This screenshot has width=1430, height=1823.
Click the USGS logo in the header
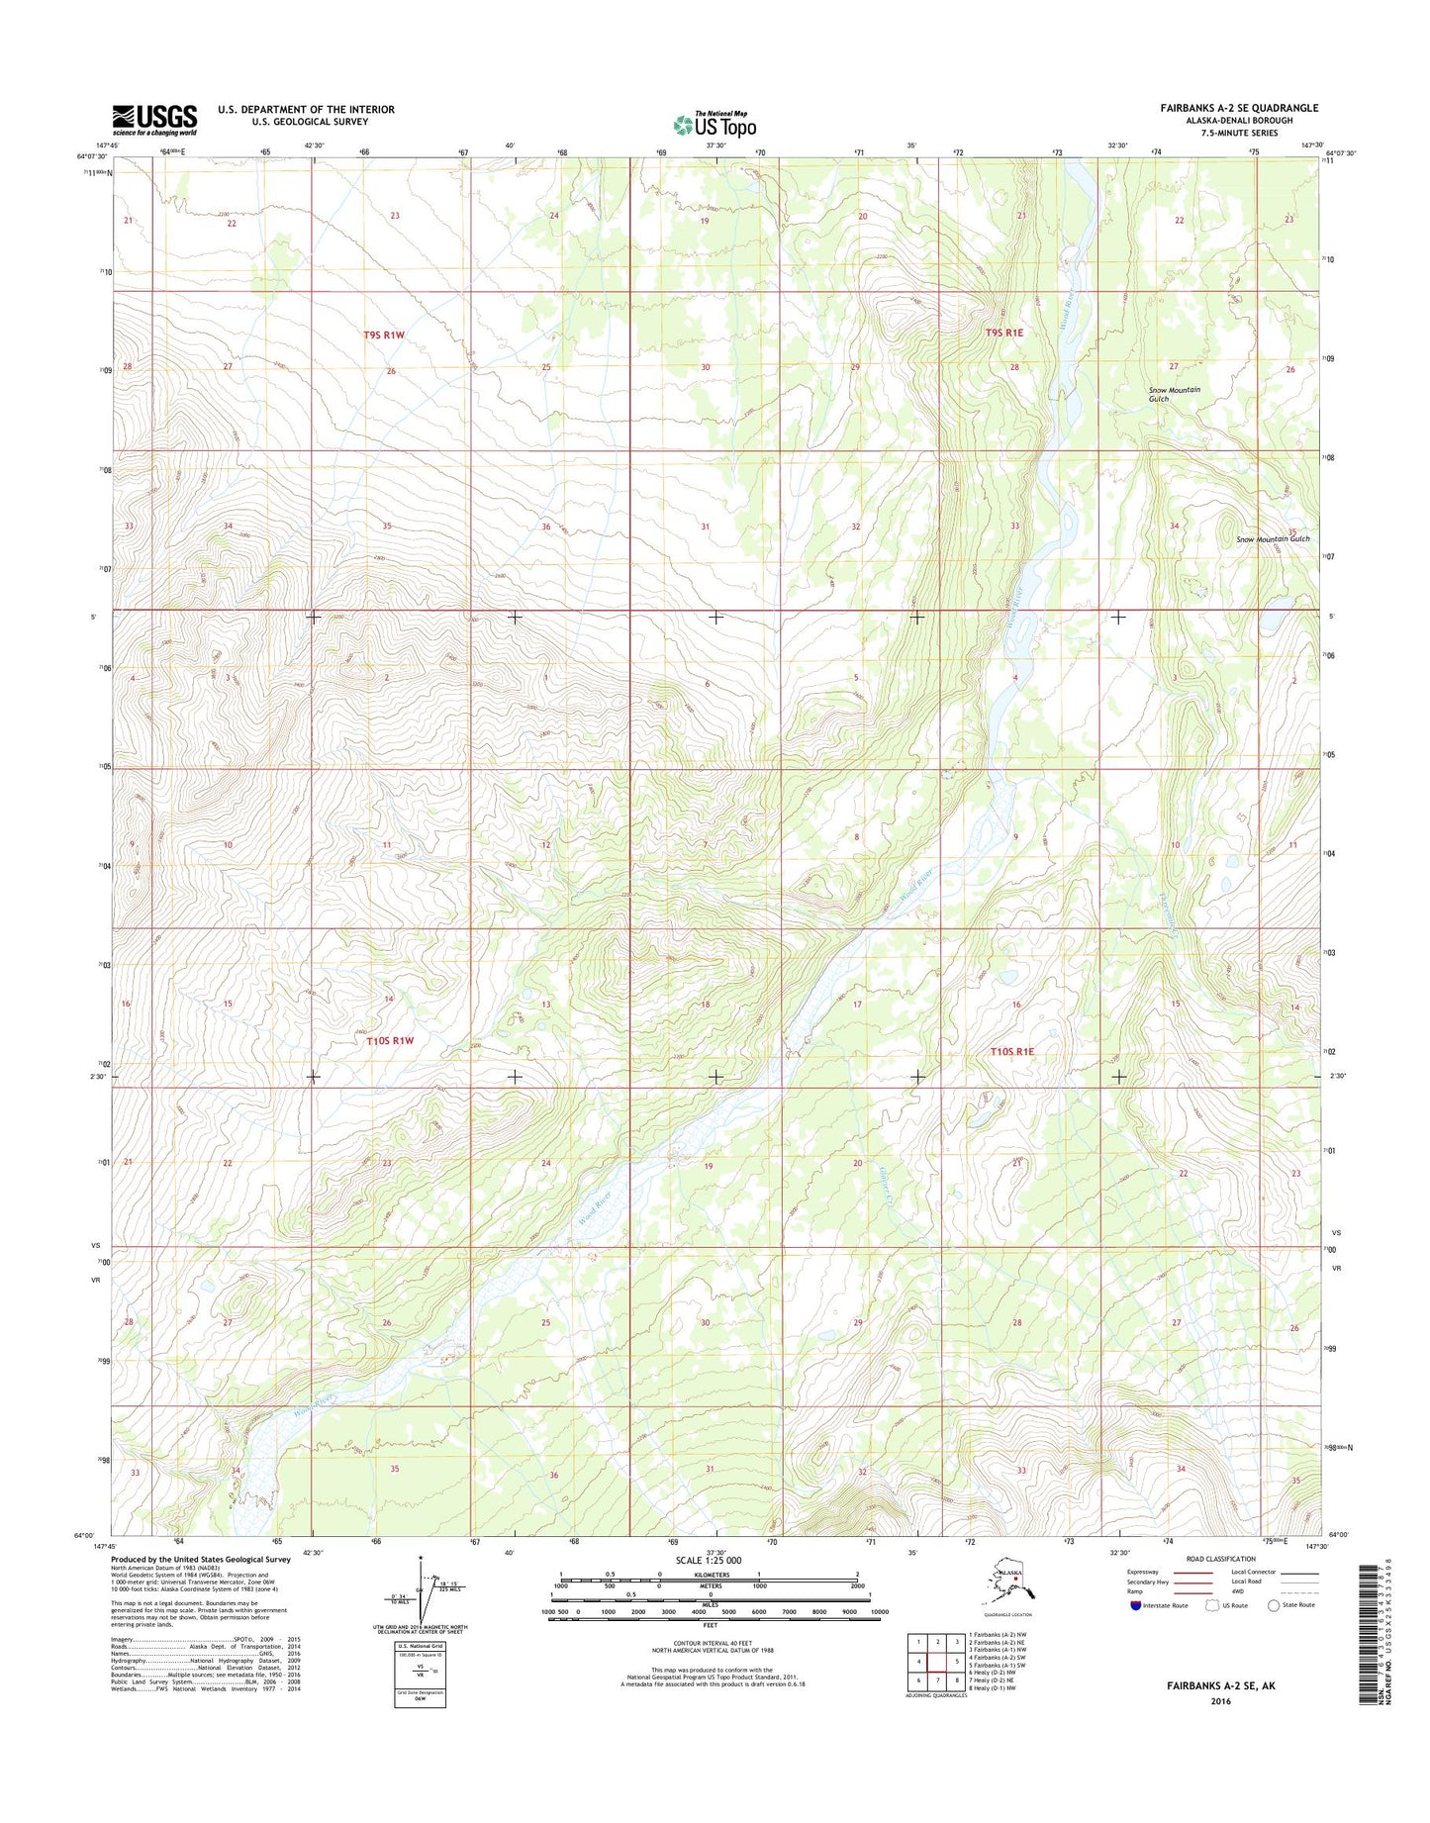click(x=154, y=120)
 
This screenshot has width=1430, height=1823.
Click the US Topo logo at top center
click(x=715, y=124)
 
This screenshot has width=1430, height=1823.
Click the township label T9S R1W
click(x=384, y=336)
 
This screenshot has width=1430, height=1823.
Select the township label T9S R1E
click(x=1004, y=334)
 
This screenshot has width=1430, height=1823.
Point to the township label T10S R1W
click(x=389, y=1041)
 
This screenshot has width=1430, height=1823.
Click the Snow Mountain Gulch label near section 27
click(x=1174, y=394)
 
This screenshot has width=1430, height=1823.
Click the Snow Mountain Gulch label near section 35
click(x=1273, y=539)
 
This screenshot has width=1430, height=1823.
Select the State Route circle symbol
click(x=1274, y=1605)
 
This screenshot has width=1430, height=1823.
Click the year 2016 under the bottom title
click(x=1218, y=1702)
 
